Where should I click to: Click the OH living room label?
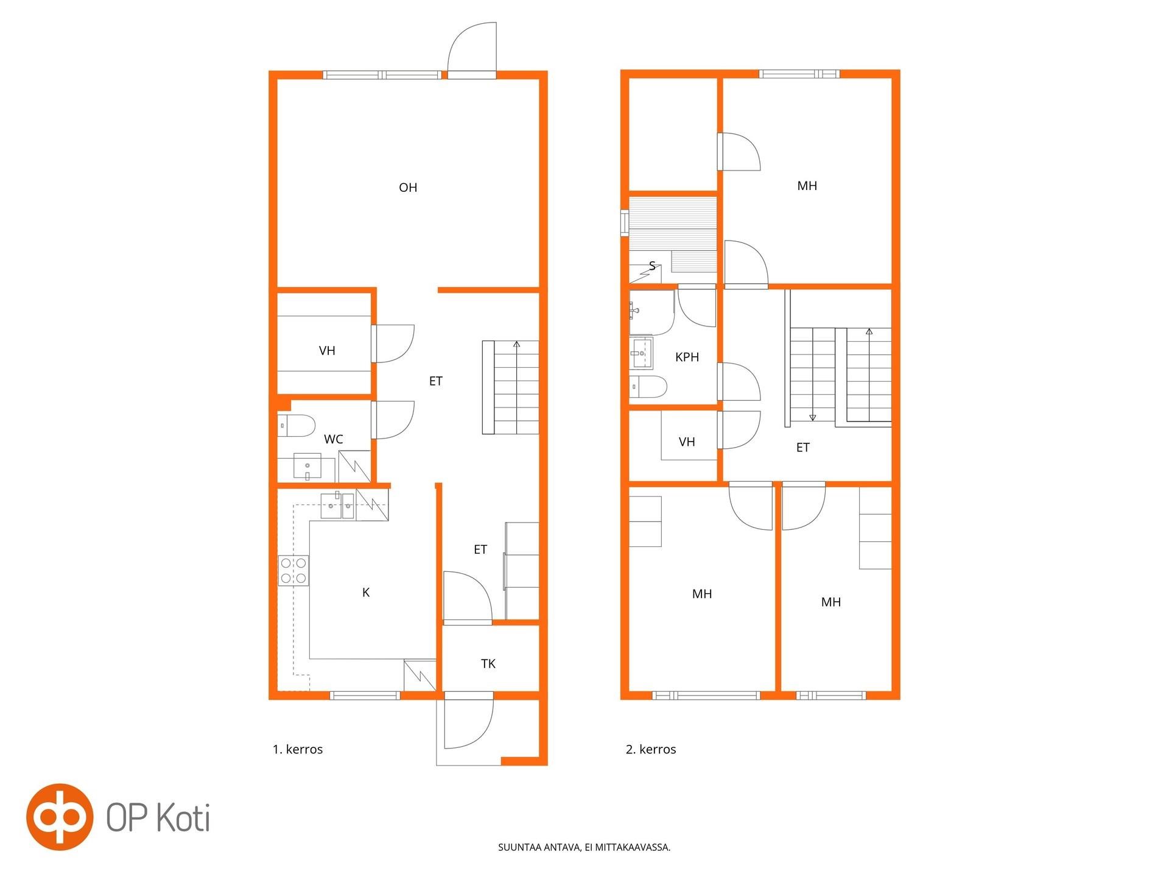click(x=408, y=188)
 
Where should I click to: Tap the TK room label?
click(x=488, y=664)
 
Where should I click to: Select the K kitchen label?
click(x=366, y=593)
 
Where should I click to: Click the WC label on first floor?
click(x=334, y=439)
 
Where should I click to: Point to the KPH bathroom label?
click(x=687, y=357)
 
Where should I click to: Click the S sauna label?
click(x=653, y=266)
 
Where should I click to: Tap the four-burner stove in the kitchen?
click(x=293, y=571)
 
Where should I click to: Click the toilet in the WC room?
click(x=297, y=425)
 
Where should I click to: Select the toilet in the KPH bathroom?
click(x=648, y=387)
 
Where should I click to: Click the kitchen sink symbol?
click(x=338, y=505)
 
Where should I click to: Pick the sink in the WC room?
click(x=307, y=467)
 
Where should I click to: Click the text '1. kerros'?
click(x=298, y=750)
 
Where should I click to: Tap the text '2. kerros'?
click(x=651, y=750)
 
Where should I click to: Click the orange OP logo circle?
click(x=59, y=817)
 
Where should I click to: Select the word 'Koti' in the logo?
click(x=184, y=817)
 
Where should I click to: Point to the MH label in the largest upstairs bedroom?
click(x=807, y=186)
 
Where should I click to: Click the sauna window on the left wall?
click(x=625, y=222)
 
